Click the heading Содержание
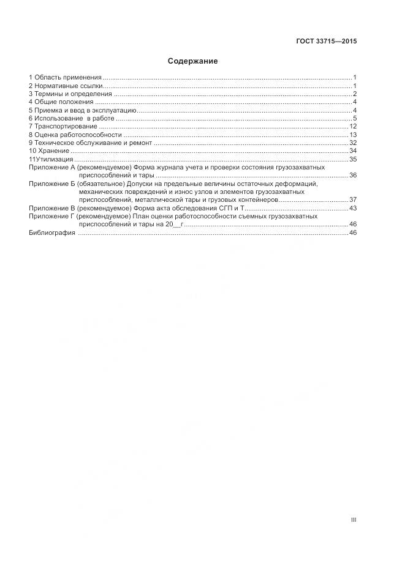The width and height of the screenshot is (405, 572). pos(193,61)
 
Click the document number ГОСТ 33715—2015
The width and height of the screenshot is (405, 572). pos(327,42)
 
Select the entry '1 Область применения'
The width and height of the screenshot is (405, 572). pos(65,77)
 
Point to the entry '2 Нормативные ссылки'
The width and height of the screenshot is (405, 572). pos(66,86)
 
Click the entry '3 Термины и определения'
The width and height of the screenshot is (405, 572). pos(70,94)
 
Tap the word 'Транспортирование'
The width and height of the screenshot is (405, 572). pos(66,126)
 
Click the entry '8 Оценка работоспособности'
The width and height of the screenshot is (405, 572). pos(75,134)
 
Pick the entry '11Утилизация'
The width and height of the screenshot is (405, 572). pos(51,159)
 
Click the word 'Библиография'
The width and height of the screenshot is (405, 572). pos(52,233)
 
